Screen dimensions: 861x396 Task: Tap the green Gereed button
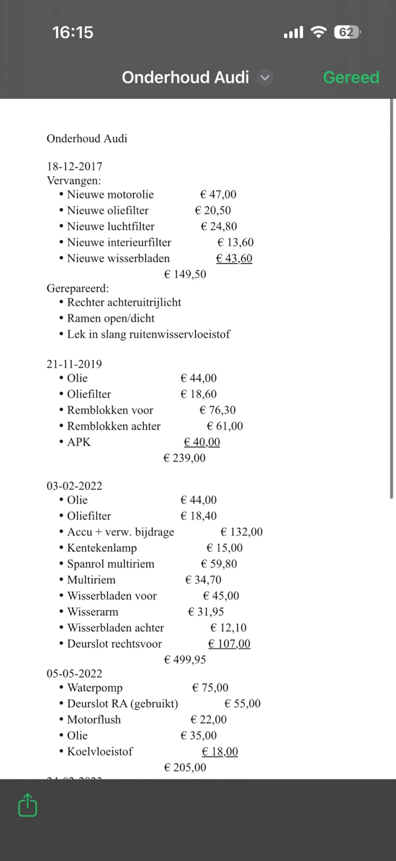pos(351,78)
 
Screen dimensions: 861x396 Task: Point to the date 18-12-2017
pos(75,167)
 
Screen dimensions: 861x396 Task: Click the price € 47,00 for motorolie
pos(218,195)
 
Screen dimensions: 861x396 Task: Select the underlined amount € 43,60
pos(234,258)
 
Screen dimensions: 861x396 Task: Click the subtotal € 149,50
pos(185,275)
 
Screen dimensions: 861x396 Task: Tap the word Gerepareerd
pos(78,288)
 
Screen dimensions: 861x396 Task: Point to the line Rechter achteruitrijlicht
pos(124,302)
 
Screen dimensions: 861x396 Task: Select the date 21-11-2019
pos(74,364)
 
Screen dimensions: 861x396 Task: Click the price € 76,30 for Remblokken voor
pos(217,410)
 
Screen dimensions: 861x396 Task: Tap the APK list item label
pos(79,442)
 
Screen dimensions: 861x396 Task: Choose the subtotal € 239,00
pos(184,458)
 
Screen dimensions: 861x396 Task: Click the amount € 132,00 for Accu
pos(242,532)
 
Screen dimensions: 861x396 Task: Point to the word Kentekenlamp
pos(102,548)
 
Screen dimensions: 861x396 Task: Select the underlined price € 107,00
pos(229,644)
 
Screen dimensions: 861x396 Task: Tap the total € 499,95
pos(185,660)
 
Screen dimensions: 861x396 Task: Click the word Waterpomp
pos(95,687)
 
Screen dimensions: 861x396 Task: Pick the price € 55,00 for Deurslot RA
pos(243,703)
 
